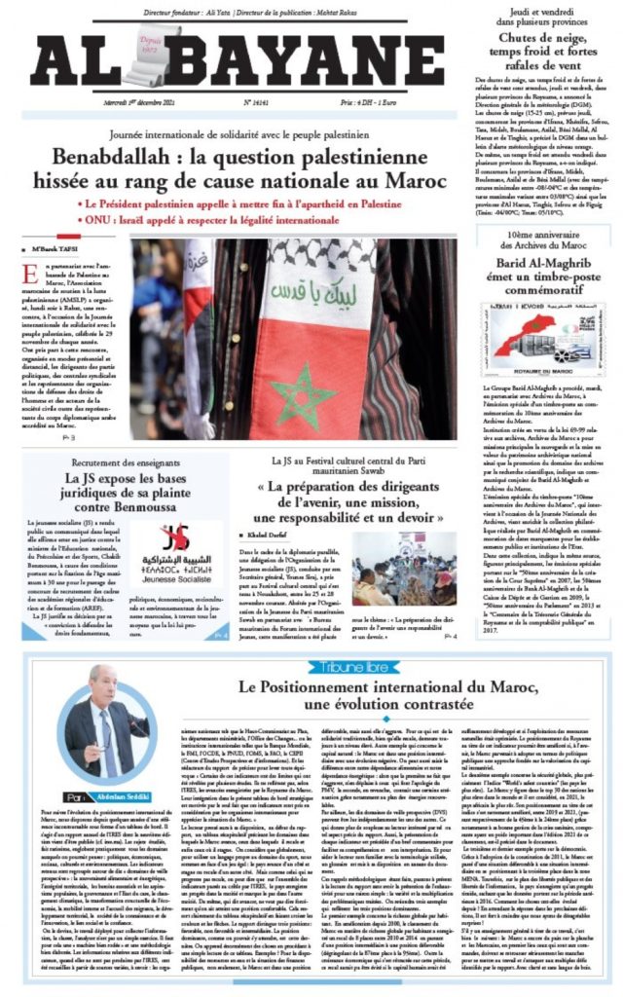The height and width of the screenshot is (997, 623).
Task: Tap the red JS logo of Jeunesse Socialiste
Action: point(175,537)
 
